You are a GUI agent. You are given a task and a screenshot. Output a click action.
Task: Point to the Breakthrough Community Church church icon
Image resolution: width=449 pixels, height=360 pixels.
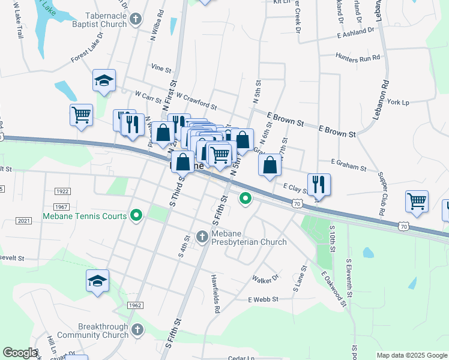[x=137, y=329]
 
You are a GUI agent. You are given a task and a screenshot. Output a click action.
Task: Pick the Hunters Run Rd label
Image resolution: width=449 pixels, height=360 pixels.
[x=359, y=58]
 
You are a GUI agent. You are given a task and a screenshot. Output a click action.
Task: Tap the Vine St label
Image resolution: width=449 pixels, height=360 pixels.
[x=161, y=68]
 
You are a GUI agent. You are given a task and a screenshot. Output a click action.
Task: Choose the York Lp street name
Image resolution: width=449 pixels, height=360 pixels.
[x=398, y=103]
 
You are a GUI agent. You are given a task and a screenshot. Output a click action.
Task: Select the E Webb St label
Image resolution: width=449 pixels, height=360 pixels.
[x=264, y=299]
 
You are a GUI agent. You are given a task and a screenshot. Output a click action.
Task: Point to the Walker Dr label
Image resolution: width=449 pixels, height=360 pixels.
[x=266, y=279]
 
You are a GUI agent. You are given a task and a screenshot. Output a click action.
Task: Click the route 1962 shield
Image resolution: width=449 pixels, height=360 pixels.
[x=134, y=305]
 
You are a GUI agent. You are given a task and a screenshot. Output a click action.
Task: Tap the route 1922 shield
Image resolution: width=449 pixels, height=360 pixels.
[x=62, y=191]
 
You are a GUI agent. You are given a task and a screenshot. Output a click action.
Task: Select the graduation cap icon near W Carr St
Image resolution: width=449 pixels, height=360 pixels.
[x=104, y=80]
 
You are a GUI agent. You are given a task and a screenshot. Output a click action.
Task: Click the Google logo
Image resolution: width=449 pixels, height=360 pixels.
[x=20, y=353]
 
